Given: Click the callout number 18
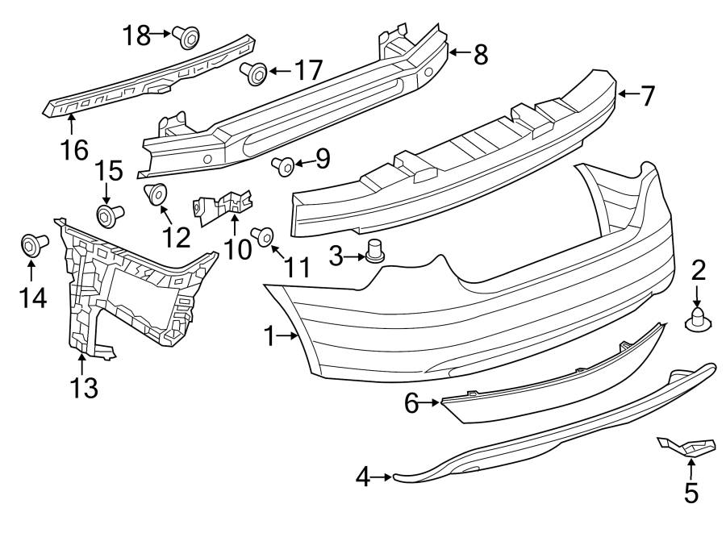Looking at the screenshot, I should click(137, 34).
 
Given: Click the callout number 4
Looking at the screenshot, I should click(363, 478).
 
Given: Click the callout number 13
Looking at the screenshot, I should click(83, 388).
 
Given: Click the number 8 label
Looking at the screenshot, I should click(480, 54).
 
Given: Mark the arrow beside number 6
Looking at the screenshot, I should click(432, 402).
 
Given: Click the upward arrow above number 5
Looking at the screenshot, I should click(691, 466).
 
